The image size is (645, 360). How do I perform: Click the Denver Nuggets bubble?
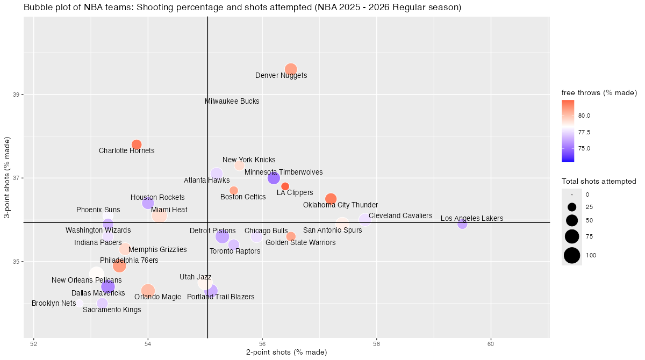coord(291,69)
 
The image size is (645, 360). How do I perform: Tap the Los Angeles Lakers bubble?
coord(462,224)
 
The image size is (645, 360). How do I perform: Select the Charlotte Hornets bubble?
coord(137,145)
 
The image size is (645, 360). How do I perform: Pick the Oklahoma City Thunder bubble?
coord(331,199)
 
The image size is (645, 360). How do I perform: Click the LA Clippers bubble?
coord(285,186)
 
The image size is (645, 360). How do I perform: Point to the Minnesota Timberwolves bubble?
coord(274,178)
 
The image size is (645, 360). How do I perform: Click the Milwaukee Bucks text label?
coord(232,101)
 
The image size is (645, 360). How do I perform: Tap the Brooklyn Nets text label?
coord(54,303)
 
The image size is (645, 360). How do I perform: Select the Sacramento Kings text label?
coord(112,309)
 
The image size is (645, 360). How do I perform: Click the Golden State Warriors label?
coord(300,242)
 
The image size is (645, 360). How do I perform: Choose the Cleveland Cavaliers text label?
coord(400,215)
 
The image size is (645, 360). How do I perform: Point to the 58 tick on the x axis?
coord(376,343)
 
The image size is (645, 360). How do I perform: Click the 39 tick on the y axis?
coord(16,95)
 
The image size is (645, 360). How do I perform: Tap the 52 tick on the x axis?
coord(34,343)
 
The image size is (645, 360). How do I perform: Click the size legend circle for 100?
coord(572,255)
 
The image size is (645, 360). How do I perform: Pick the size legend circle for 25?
coord(572,207)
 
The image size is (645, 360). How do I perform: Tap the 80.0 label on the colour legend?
coord(585,116)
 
